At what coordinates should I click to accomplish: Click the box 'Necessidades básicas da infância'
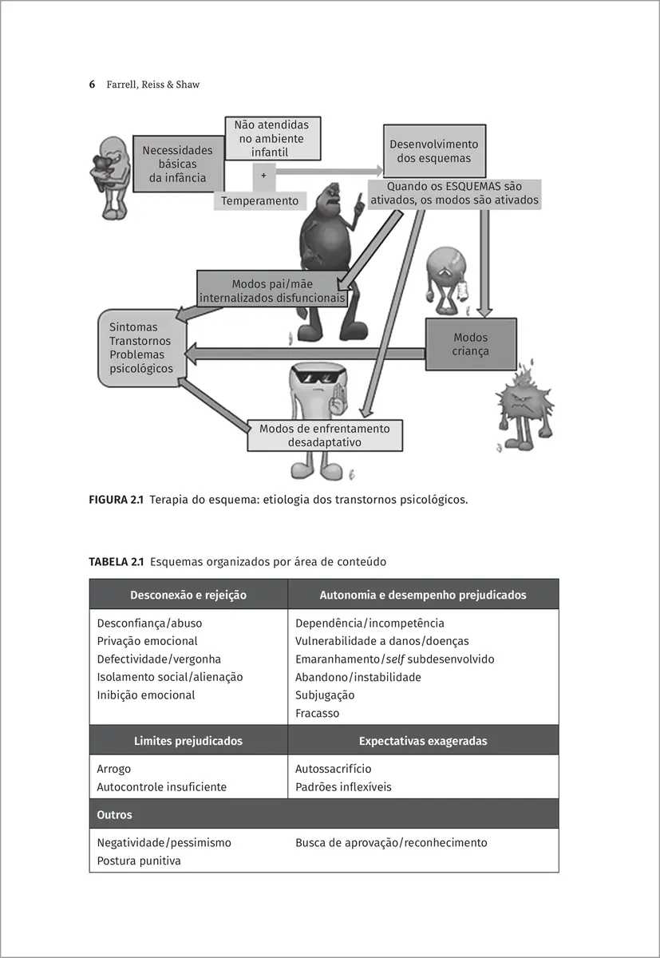coord(177,164)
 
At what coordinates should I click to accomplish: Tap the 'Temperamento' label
coord(259,201)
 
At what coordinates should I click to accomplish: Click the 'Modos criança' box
coord(470,344)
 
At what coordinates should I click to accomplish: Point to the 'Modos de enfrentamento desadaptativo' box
coord(325,435)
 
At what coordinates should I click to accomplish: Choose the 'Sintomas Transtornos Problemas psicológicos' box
coord(141,348)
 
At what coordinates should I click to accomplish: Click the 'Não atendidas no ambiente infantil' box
coord(271,138)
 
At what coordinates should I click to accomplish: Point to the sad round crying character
coord(445,274)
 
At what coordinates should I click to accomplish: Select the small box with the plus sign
coord(263,174)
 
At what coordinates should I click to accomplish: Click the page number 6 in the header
coord(92,84)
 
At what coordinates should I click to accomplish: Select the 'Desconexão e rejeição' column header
coord(188,595)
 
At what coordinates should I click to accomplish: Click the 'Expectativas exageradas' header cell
coord(423,741)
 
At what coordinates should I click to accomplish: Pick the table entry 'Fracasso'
coord(317,713)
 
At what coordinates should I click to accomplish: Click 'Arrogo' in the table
coord(114,769)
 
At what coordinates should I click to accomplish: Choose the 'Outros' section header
coord(114,815)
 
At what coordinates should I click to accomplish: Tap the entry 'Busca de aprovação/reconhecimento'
coord(391,842)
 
